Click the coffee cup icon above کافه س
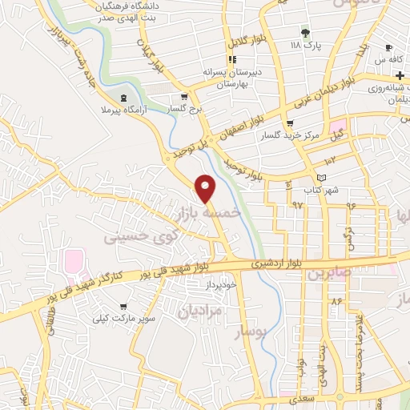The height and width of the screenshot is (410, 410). pos(388,47)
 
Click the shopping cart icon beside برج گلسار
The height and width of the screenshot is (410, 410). pos(174,106)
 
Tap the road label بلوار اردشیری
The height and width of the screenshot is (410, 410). pos(249,263)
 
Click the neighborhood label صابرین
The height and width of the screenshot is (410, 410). pos(328,272)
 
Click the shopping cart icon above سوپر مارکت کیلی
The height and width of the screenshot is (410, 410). pos(122,306)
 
